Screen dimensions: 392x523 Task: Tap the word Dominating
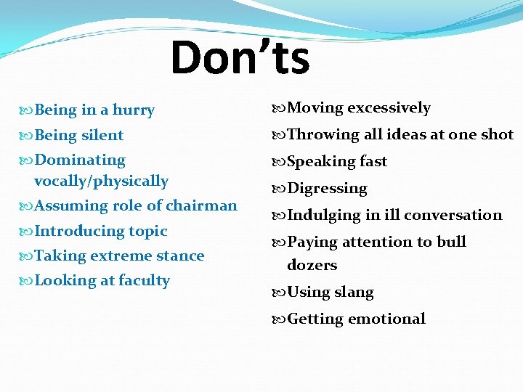pyautogui.click(x=80, y=160)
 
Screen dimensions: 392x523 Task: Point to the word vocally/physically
pyautogui.click(x=101, y=181)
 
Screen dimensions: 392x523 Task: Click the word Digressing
pyautogui.click(x=328, y=189)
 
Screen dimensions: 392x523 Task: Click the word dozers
pyautogui.click(x=312, y=265)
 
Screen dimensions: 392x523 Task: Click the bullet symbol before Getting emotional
pyautogui.click(x=280, y=319)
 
